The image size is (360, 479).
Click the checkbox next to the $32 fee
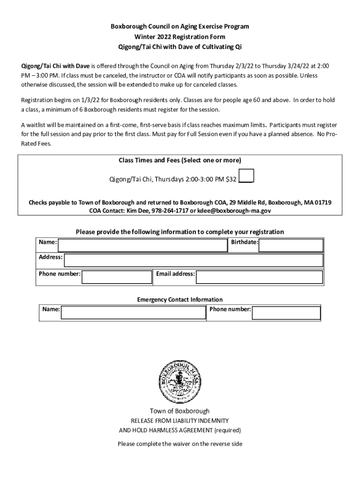coord(246,175)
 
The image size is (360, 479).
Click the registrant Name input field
coord(142,245)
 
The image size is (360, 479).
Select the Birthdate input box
coord(291,245)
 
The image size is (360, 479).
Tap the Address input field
coord(193,260)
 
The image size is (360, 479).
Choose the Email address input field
coord(259,277)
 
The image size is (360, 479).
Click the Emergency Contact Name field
coord(133,312)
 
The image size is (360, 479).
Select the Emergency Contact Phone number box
coord(286,312)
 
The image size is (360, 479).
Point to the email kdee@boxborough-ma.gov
coord(234,210)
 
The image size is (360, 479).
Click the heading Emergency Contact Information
coord(180,299)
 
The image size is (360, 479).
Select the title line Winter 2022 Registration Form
coord(180,36)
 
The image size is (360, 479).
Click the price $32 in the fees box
coord(231,179)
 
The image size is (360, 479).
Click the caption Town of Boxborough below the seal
coord(180,411)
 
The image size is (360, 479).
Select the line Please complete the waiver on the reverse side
coord(180,443)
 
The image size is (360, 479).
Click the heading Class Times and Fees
coord(180,160)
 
